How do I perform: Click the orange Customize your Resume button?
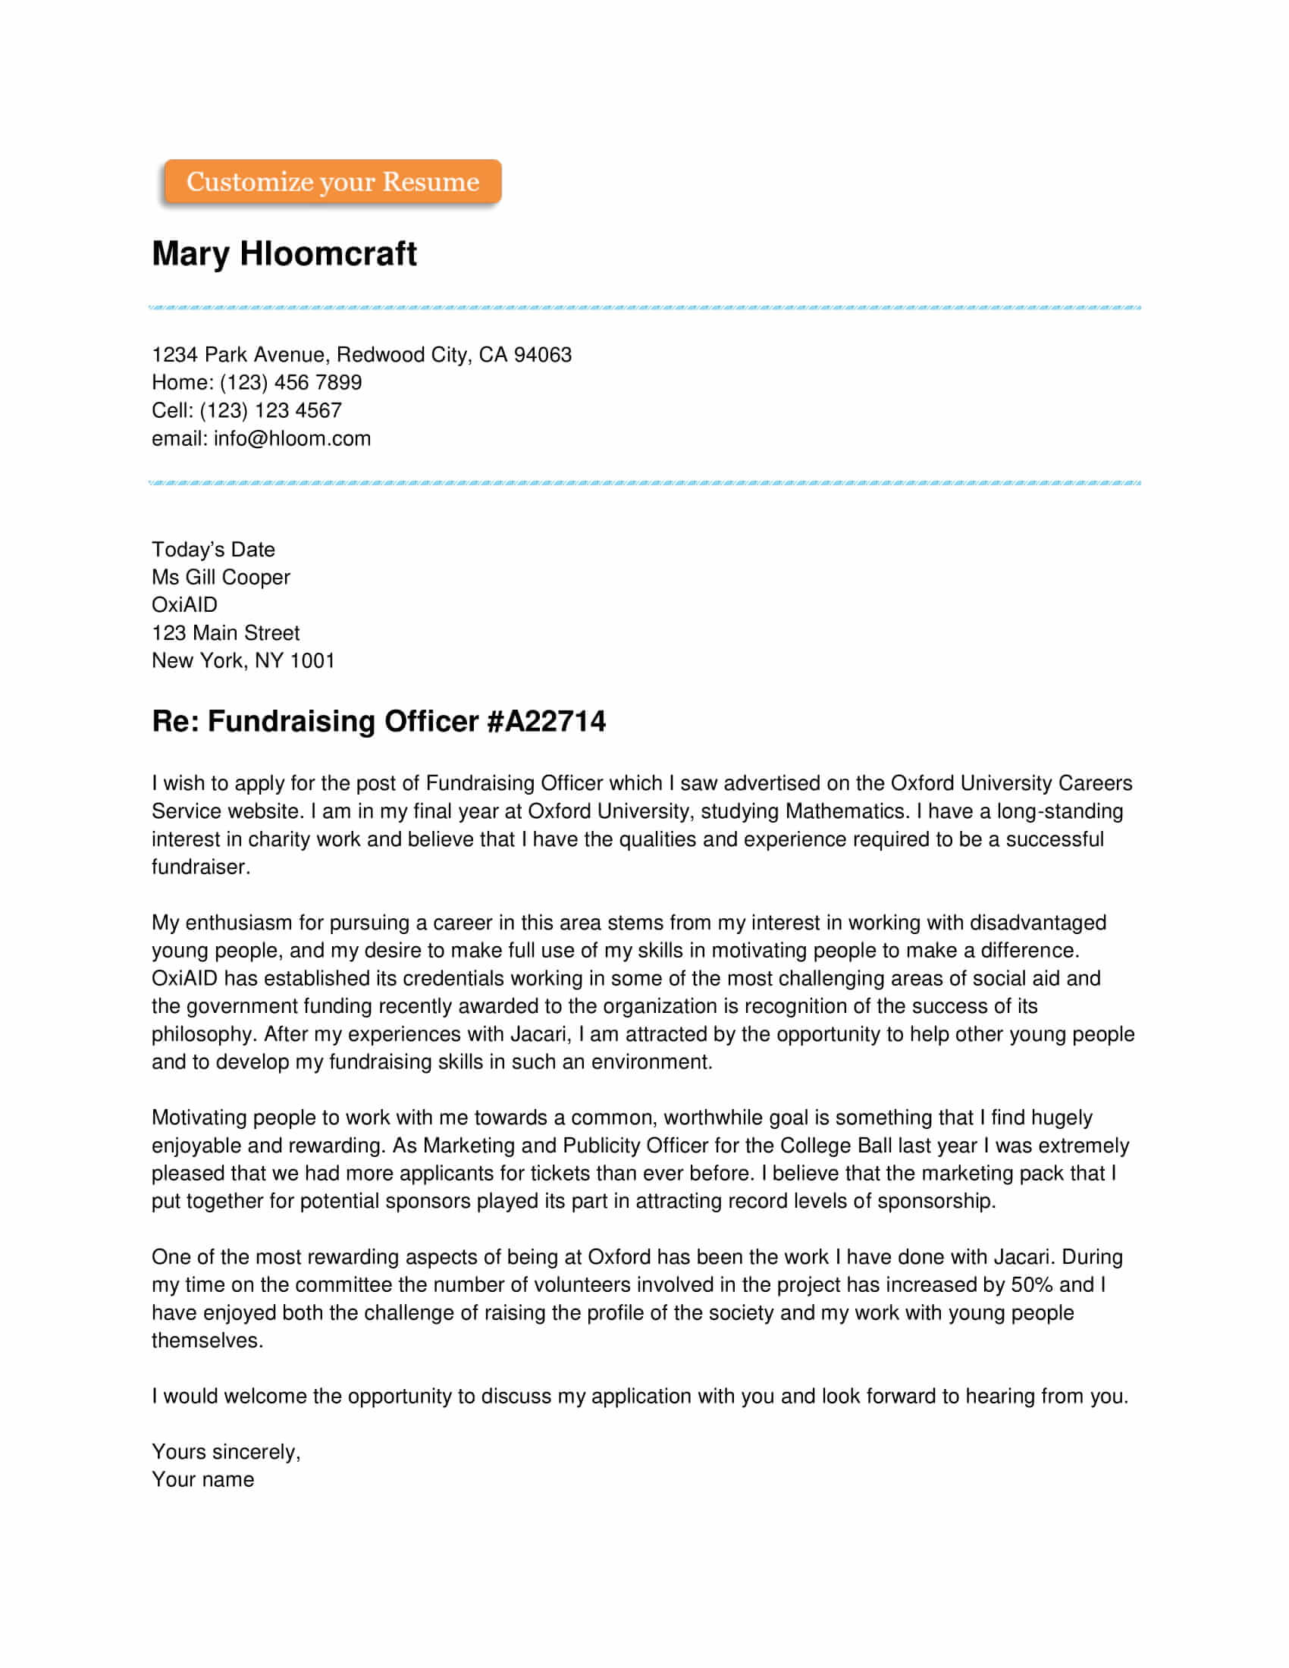coord(332,182)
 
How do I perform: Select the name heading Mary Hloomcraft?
coord(284,253)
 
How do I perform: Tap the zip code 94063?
coord(542,354)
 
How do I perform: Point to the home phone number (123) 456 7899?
coord(291,383)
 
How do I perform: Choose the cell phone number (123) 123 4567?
coord(271,411)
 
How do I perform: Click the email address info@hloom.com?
coord(292,439)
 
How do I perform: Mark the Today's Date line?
coord(213,550)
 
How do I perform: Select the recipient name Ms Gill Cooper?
coord(221,578)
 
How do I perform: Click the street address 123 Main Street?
coord(225,633)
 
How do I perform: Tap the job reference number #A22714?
coord(546,722)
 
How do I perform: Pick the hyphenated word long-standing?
coord(1060,811)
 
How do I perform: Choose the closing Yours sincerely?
coord(226,1452)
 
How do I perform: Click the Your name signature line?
coord(202,1479)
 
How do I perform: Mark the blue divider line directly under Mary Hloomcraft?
coord(644,308)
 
